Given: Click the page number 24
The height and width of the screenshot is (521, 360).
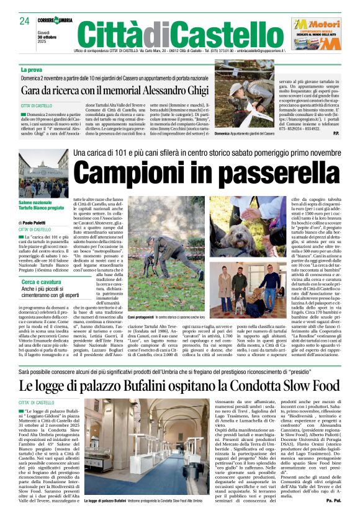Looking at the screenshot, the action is pyautogui.click(x=25, y=20).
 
